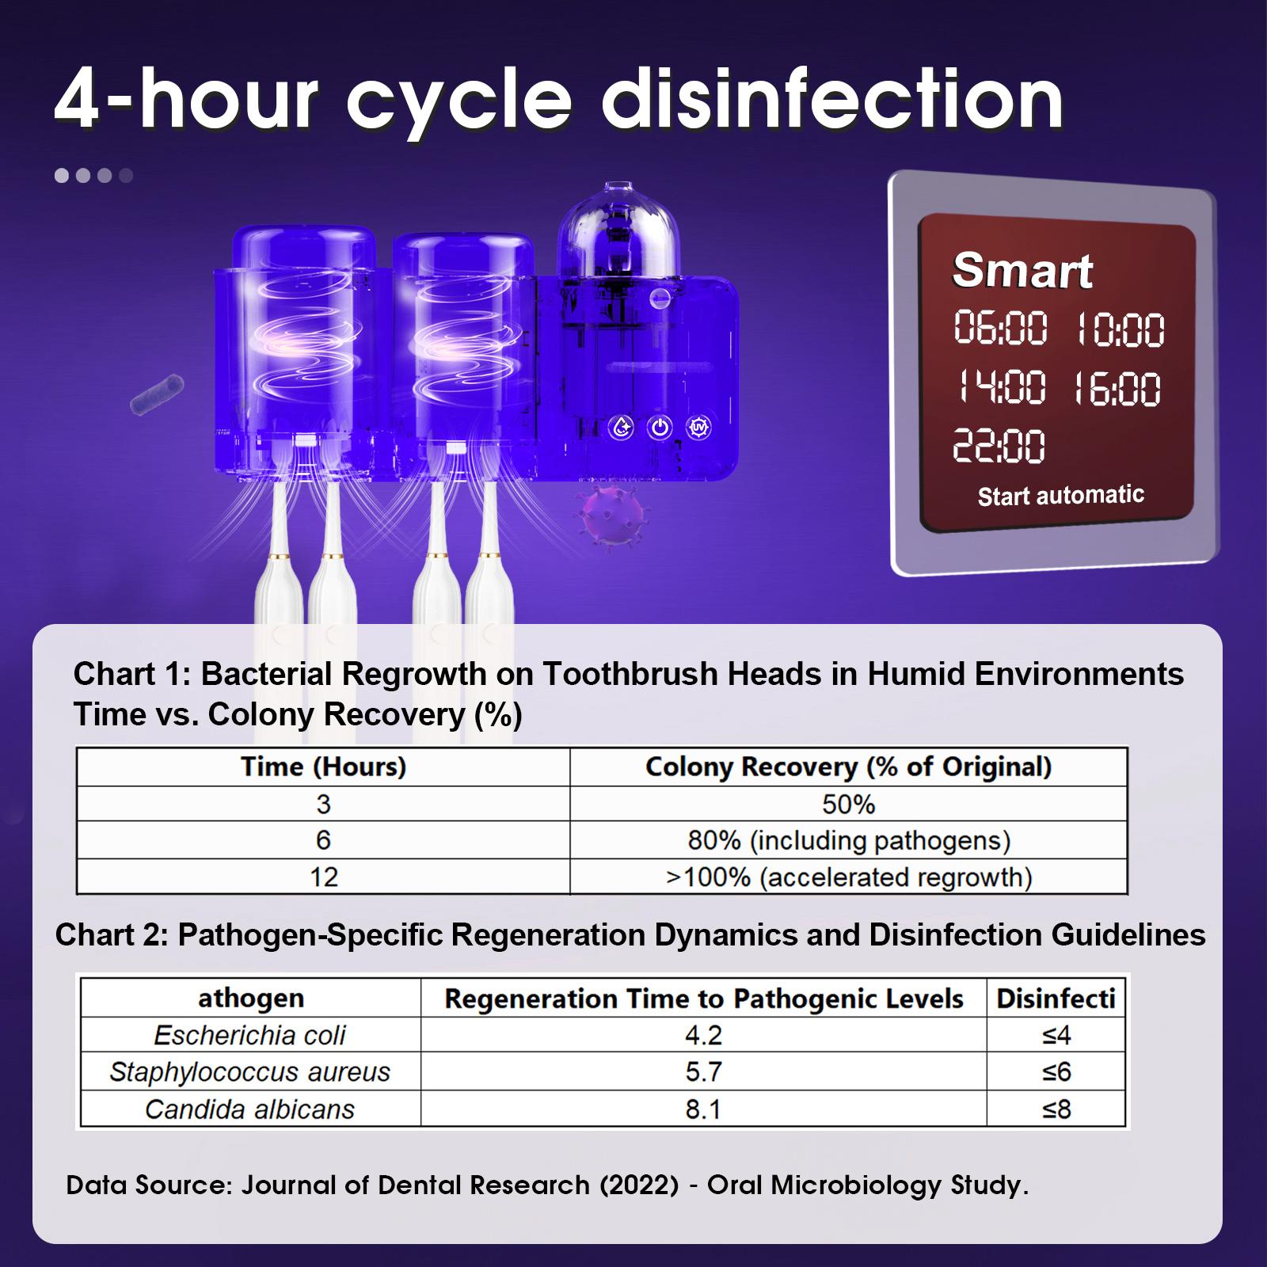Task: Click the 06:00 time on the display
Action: (1000, 329)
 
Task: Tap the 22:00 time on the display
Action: (998, 446)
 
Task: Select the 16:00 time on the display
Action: (1117, 390)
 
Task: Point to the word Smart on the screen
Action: (1022, 271)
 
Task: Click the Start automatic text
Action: (1060, 496)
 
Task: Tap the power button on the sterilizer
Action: (660, 428)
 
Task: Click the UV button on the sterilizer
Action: (698, 428)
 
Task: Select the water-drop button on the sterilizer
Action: (621, 428)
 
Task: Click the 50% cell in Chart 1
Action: (848, 805)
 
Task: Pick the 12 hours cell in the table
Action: (323, 877)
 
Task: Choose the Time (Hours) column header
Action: (323, 767)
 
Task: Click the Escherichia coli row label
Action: (249, 1035)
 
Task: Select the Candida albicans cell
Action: (249, 1109)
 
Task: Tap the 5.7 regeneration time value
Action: (703, 1072)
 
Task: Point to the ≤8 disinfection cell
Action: (1056, 1109)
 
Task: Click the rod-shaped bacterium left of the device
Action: (157, 395)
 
